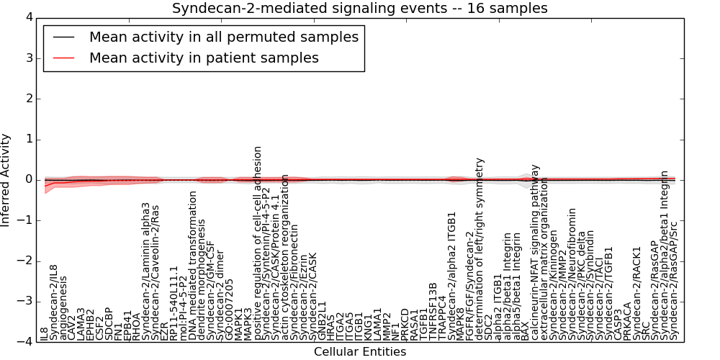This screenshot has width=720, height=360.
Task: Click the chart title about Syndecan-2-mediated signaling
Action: (x=359, y=8)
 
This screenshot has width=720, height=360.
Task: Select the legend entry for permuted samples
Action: (x=223, y=37)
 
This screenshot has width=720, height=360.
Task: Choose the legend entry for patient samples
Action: (x=204, y=58)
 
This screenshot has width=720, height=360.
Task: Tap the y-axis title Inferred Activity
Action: (x=6, y=180)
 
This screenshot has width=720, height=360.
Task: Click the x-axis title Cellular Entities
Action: (x=359, y=352)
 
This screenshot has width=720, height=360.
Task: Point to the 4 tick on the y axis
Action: (x=33, y=17)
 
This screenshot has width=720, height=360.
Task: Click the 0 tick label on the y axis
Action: (x=33, y=180)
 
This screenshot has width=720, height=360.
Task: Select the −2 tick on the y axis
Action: (x=30, y=261)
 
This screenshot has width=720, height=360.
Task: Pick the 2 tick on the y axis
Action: (x=33, y=99)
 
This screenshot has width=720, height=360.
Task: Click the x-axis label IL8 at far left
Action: (x=45, y=333)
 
